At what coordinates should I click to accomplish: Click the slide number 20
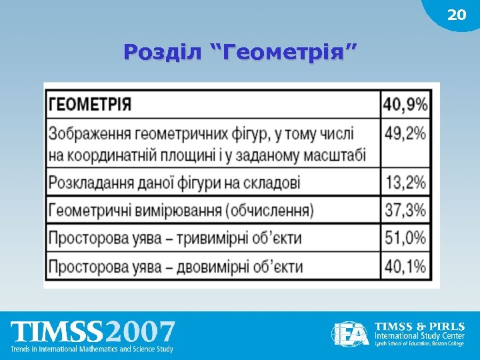457,15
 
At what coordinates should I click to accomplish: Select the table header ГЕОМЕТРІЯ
90,105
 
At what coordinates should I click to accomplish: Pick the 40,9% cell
405,105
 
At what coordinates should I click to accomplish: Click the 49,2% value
405,133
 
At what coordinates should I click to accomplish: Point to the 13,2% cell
405,182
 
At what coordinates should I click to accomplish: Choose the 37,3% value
405,211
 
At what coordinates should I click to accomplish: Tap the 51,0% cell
405,238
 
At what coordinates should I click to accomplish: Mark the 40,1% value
405,267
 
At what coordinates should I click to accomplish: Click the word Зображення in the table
91,133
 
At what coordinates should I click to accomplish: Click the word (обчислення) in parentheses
269,211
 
